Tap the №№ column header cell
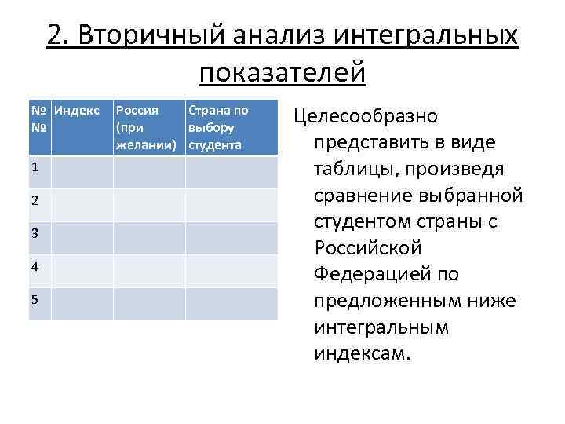coord(39,118)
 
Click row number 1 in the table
coord(37,167)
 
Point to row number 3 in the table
coord(37,234)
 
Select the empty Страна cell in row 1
coord(230,172)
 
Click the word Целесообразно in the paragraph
coord(366,116)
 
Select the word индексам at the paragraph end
coord(362,353)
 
